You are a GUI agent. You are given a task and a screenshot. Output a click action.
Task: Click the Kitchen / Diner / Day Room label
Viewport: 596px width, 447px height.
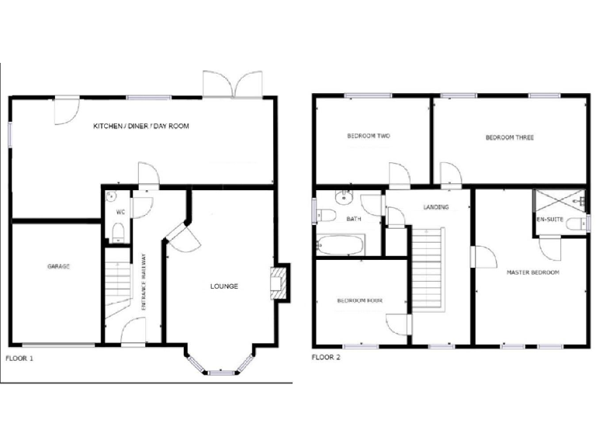(x=141, y=126)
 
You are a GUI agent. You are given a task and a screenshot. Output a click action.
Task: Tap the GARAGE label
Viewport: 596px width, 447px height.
(x=58, y=266)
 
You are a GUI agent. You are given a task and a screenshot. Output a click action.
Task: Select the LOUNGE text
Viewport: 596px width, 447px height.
(x=223, y=286)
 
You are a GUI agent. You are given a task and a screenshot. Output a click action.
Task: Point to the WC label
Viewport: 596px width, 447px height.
(x=121, y=212)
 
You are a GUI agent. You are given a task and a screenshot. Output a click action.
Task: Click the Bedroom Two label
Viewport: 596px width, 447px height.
(x=368, y=137)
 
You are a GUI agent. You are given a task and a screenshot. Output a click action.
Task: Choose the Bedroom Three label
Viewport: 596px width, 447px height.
(x=509, y=137)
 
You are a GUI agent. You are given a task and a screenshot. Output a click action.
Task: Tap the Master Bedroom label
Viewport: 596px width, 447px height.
(x=532, y=273)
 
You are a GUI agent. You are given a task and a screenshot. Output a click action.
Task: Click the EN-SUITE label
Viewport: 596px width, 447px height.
(x=549, y=219)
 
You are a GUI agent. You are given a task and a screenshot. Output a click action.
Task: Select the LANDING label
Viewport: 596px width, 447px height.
(x=436, y=207)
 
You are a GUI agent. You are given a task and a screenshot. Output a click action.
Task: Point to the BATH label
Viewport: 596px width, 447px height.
(x=354, y=219)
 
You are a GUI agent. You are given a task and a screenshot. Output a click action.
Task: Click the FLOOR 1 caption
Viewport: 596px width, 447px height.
(x=19, y=359)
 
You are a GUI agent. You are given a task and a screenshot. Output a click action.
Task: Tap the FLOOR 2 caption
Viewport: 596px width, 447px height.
(x=325, y=358)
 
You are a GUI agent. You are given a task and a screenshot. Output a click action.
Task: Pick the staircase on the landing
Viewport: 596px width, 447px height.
(x=426, y=268)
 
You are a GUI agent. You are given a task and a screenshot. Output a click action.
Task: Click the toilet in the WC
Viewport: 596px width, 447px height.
(x=118, y=231)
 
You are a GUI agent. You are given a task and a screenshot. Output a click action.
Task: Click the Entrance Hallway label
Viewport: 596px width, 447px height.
(x=144, y=282)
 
